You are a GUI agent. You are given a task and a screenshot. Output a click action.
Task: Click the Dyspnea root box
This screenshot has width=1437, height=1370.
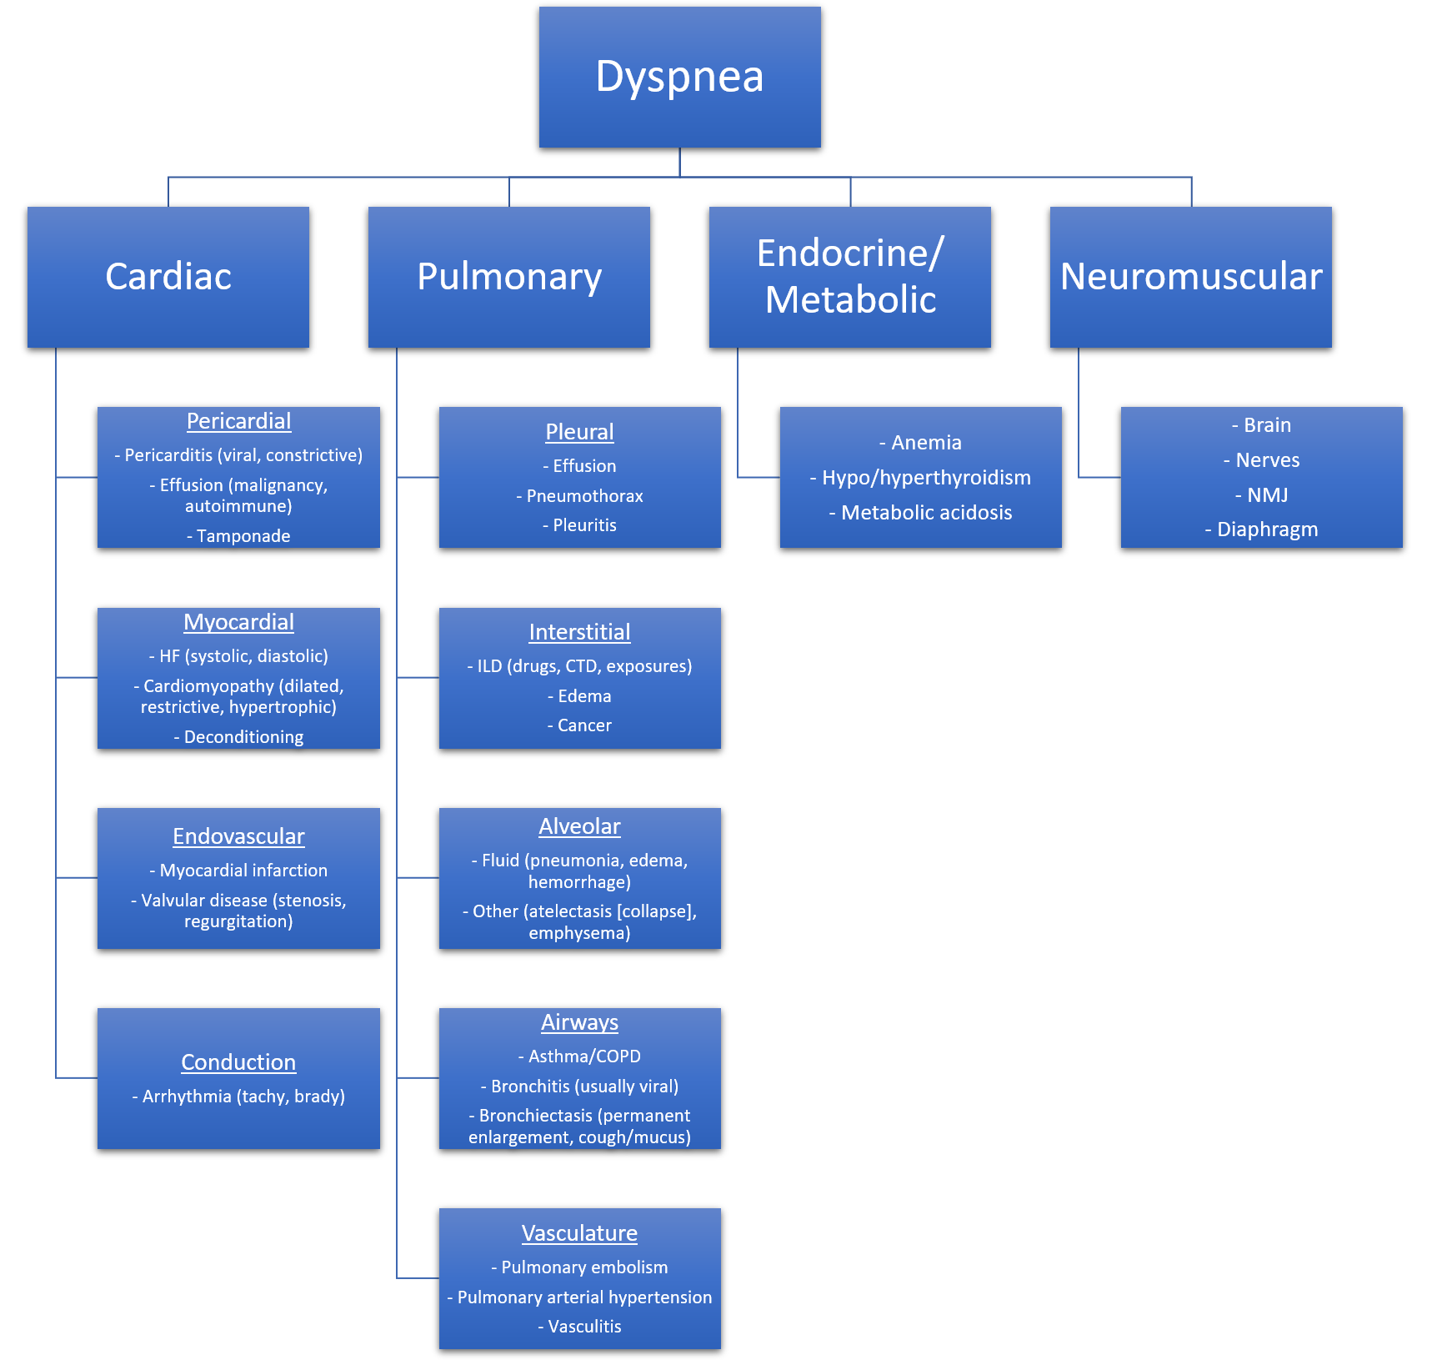coord(679,77)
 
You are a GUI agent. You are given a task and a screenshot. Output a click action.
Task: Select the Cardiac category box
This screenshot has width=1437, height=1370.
coord(168,277)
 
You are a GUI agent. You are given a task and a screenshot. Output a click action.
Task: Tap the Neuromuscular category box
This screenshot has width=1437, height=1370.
coord(1190,277)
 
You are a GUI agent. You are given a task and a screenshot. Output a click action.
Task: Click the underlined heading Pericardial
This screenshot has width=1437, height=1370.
coord(238,421)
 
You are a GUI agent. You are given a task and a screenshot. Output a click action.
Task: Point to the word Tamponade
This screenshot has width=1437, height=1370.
coord(243,536)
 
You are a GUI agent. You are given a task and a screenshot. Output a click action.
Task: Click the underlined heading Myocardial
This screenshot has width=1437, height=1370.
coord(238,622)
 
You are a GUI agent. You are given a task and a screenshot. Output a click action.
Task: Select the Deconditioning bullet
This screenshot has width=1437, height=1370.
coord(243,737)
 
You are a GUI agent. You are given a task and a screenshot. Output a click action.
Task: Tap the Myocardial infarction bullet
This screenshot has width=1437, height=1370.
coord(243,871)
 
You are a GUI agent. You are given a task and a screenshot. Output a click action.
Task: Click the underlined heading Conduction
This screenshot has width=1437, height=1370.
coord(238,1062)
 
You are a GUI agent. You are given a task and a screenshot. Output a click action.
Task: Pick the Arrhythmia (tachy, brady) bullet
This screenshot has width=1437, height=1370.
coord(243,1097)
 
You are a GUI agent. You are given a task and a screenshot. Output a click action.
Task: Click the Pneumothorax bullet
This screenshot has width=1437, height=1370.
coord(584,496)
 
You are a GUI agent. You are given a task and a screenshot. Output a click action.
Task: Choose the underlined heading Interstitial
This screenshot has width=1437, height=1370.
coord(579,632)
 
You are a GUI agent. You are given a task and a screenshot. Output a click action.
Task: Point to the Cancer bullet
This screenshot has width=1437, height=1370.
coord(584,725)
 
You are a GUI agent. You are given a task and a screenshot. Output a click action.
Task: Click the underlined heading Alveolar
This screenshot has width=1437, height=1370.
coord(579,826)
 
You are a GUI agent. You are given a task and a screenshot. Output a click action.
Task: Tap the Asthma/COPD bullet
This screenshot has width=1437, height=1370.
coord(584,1056)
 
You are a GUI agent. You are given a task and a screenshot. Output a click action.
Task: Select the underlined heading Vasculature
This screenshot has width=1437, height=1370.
coord(579,1233)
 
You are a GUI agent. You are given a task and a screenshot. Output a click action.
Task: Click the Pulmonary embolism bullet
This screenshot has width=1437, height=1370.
coord(584,1267)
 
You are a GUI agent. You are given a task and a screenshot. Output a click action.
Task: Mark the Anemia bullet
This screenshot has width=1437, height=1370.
coord(926,443)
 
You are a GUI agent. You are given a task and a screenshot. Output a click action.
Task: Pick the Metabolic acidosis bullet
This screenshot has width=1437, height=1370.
coord(926,513)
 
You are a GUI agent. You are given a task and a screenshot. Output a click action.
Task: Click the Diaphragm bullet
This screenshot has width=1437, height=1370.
coord(1267,529)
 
